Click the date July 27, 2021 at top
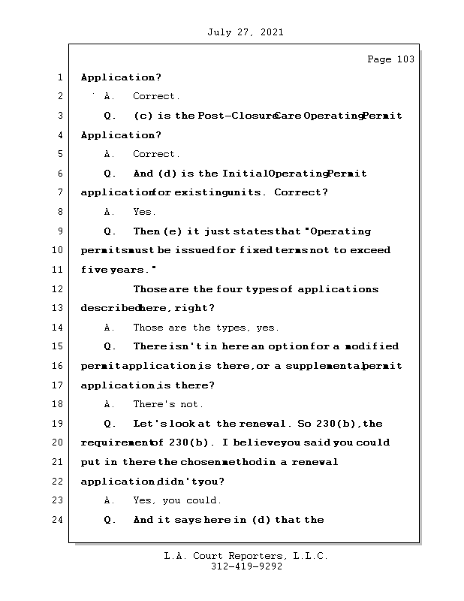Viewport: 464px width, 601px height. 244,32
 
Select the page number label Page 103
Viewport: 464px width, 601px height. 390,59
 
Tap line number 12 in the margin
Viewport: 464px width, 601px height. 59,289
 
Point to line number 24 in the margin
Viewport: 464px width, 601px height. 59,520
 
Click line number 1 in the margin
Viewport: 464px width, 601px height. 59,77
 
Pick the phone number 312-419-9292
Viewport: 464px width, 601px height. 247,567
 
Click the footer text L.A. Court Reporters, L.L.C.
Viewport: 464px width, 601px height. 246,556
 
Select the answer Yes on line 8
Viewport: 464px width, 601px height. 144,212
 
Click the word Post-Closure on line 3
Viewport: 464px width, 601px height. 234,116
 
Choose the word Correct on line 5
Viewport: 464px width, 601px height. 155,154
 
